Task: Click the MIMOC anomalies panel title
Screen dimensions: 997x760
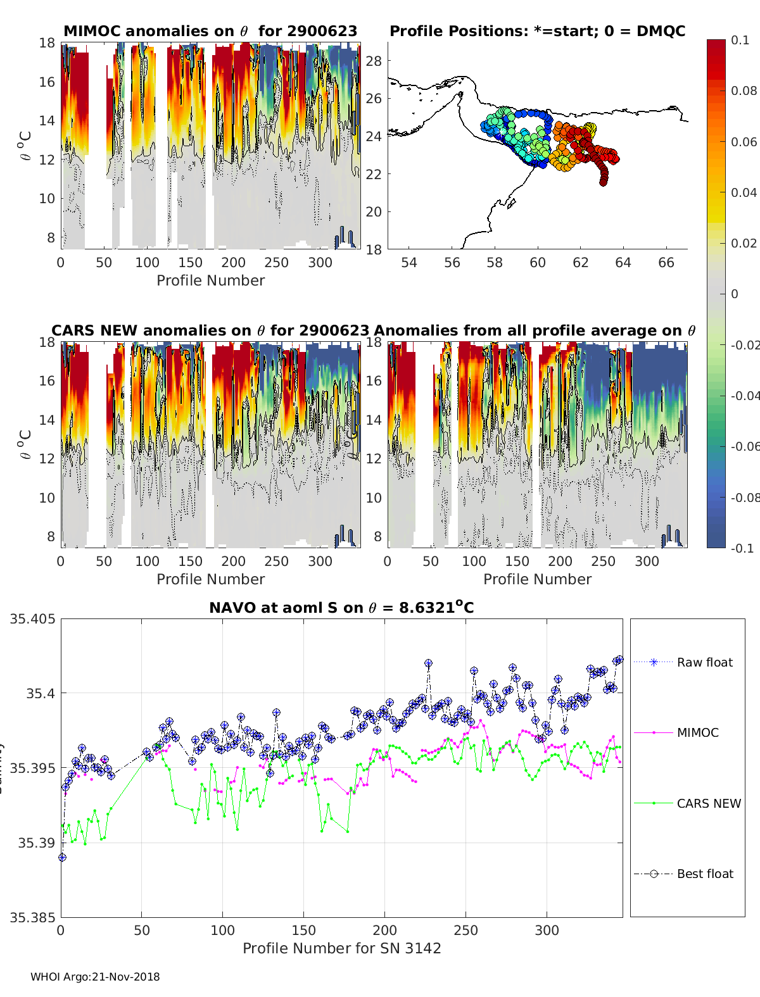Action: coord(210,31)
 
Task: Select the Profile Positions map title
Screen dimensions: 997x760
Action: coord(537,31)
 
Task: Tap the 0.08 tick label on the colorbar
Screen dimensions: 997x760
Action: coord(744,91)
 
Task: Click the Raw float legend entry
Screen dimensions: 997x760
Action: coord(704,662)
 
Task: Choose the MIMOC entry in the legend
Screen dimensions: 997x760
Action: coord(697,732)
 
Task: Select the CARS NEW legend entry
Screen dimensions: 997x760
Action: coord(708,803)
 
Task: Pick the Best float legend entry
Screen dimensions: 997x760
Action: coord(704,874)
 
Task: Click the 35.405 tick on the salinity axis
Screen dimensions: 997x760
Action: coord(32,618)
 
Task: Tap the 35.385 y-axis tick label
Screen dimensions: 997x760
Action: coord(32,917)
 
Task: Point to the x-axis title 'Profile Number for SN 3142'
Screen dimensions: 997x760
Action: coord(341,948)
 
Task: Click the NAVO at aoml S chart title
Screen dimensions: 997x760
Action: coord(341,608)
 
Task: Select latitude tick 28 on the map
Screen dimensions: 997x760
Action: coord(374,61)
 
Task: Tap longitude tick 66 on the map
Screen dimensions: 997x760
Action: coord(666,262)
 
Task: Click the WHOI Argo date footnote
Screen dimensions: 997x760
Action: coord(95,977)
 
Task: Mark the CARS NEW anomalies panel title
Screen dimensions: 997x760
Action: coord(210,330)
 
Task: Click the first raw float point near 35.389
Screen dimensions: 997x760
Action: coord(62,857)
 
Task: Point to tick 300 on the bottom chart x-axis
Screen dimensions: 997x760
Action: coord(547,930)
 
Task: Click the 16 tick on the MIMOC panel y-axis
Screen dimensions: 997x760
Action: coord(47,82)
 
